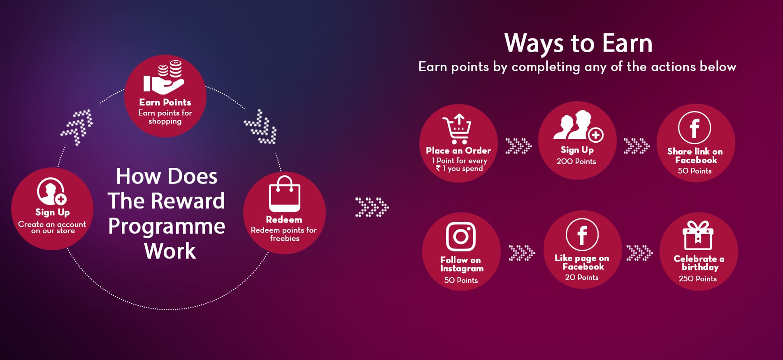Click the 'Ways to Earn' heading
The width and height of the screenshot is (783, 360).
579,43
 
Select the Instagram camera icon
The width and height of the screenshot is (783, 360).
461,237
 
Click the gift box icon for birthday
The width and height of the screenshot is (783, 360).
698,235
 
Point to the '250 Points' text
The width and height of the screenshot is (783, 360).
698,279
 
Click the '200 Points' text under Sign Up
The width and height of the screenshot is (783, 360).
576,161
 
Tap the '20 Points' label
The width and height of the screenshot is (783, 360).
582,277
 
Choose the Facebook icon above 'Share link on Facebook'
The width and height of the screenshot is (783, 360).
695,128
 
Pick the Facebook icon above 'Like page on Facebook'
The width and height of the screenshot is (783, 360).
582,235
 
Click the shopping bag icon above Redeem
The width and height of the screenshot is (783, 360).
285,194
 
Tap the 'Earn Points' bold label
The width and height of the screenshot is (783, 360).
165,102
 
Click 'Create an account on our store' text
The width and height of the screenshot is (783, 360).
52,228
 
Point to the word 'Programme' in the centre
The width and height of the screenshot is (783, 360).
167,227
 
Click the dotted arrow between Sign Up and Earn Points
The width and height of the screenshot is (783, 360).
77,127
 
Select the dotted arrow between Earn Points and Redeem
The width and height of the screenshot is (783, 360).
261,127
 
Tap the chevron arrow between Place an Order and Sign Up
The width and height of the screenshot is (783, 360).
518,146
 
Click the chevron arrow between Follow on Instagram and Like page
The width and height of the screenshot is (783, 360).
522,253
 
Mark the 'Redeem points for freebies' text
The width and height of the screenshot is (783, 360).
284,234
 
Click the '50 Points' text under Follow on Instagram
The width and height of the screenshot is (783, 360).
461,280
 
